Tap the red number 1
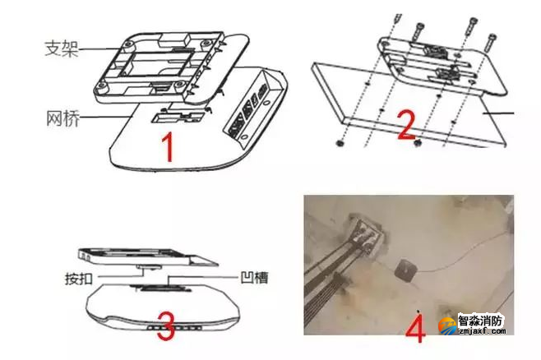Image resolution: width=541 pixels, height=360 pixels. coord(168,149)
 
